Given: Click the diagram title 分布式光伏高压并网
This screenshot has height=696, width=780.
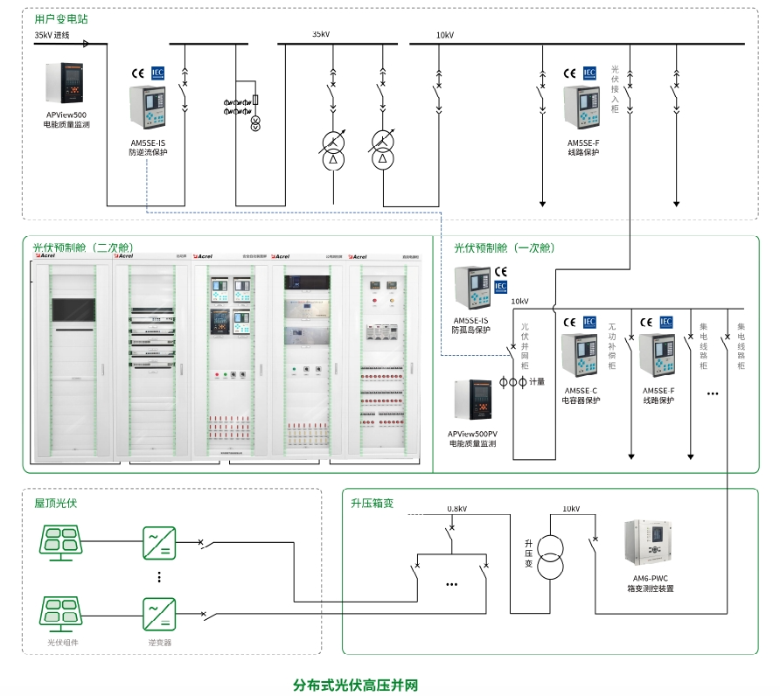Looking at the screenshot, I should coord(357,684).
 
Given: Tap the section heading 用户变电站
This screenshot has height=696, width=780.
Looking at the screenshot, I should coord(60,18).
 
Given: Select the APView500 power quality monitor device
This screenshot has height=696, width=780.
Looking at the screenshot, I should coord(66,84).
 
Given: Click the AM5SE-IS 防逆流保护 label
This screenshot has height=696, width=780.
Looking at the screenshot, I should coord(148,148).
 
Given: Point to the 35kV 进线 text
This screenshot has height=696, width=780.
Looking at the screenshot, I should coord(52,36).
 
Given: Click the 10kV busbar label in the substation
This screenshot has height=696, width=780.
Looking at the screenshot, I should coord(445,35).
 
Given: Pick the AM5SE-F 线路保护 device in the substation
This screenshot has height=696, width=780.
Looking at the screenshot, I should coord(582,108).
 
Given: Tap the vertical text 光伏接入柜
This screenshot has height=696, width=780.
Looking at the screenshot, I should coord(615,88).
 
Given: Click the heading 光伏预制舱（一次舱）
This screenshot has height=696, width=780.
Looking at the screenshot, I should coord(505,248).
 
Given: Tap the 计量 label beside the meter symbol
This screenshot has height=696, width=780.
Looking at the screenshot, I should coord(537,382).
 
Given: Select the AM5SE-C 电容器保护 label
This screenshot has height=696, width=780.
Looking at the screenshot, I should coord(581,396).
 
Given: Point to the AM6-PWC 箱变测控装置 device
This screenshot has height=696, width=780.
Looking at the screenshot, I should coord(649,542).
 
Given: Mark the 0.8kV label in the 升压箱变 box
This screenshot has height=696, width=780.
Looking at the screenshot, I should coord(456,509).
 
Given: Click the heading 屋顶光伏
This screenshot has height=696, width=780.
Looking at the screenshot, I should coord(56,504).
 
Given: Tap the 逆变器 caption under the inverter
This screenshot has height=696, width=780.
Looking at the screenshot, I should coord(159,643).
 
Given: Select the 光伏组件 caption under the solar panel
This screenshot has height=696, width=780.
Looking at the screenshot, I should coord(62,643).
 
